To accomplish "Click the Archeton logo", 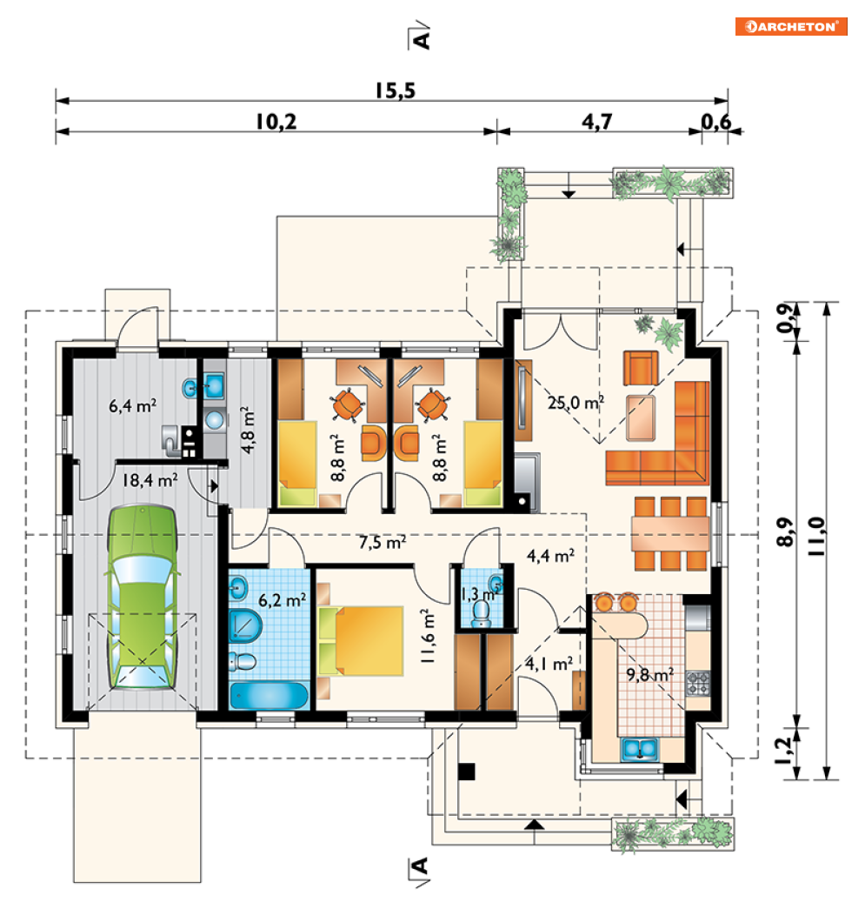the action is (791, 27).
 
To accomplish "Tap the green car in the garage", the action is (142, 597).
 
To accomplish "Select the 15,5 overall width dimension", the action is (396, 91).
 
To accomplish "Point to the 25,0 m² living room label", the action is (576, 402).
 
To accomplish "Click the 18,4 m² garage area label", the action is (150, 480).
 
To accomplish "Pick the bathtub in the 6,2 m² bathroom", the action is (269, 696).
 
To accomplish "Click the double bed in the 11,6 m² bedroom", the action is (361, 640).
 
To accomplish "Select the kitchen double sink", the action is (640, 750).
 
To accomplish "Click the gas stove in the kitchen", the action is (698, 682).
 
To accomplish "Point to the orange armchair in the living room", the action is (640, 368).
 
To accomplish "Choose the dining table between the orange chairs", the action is (670, 533).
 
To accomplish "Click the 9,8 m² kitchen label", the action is (650, 674).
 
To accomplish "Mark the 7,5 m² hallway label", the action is (383, 542).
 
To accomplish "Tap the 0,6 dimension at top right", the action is (715, 123).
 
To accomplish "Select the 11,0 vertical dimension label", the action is (816, 537).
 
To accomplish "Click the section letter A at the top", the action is (423, 39).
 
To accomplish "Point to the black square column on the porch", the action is (466, 772).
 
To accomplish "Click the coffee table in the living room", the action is (641, 418).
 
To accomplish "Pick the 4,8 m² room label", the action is (248, 430).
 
